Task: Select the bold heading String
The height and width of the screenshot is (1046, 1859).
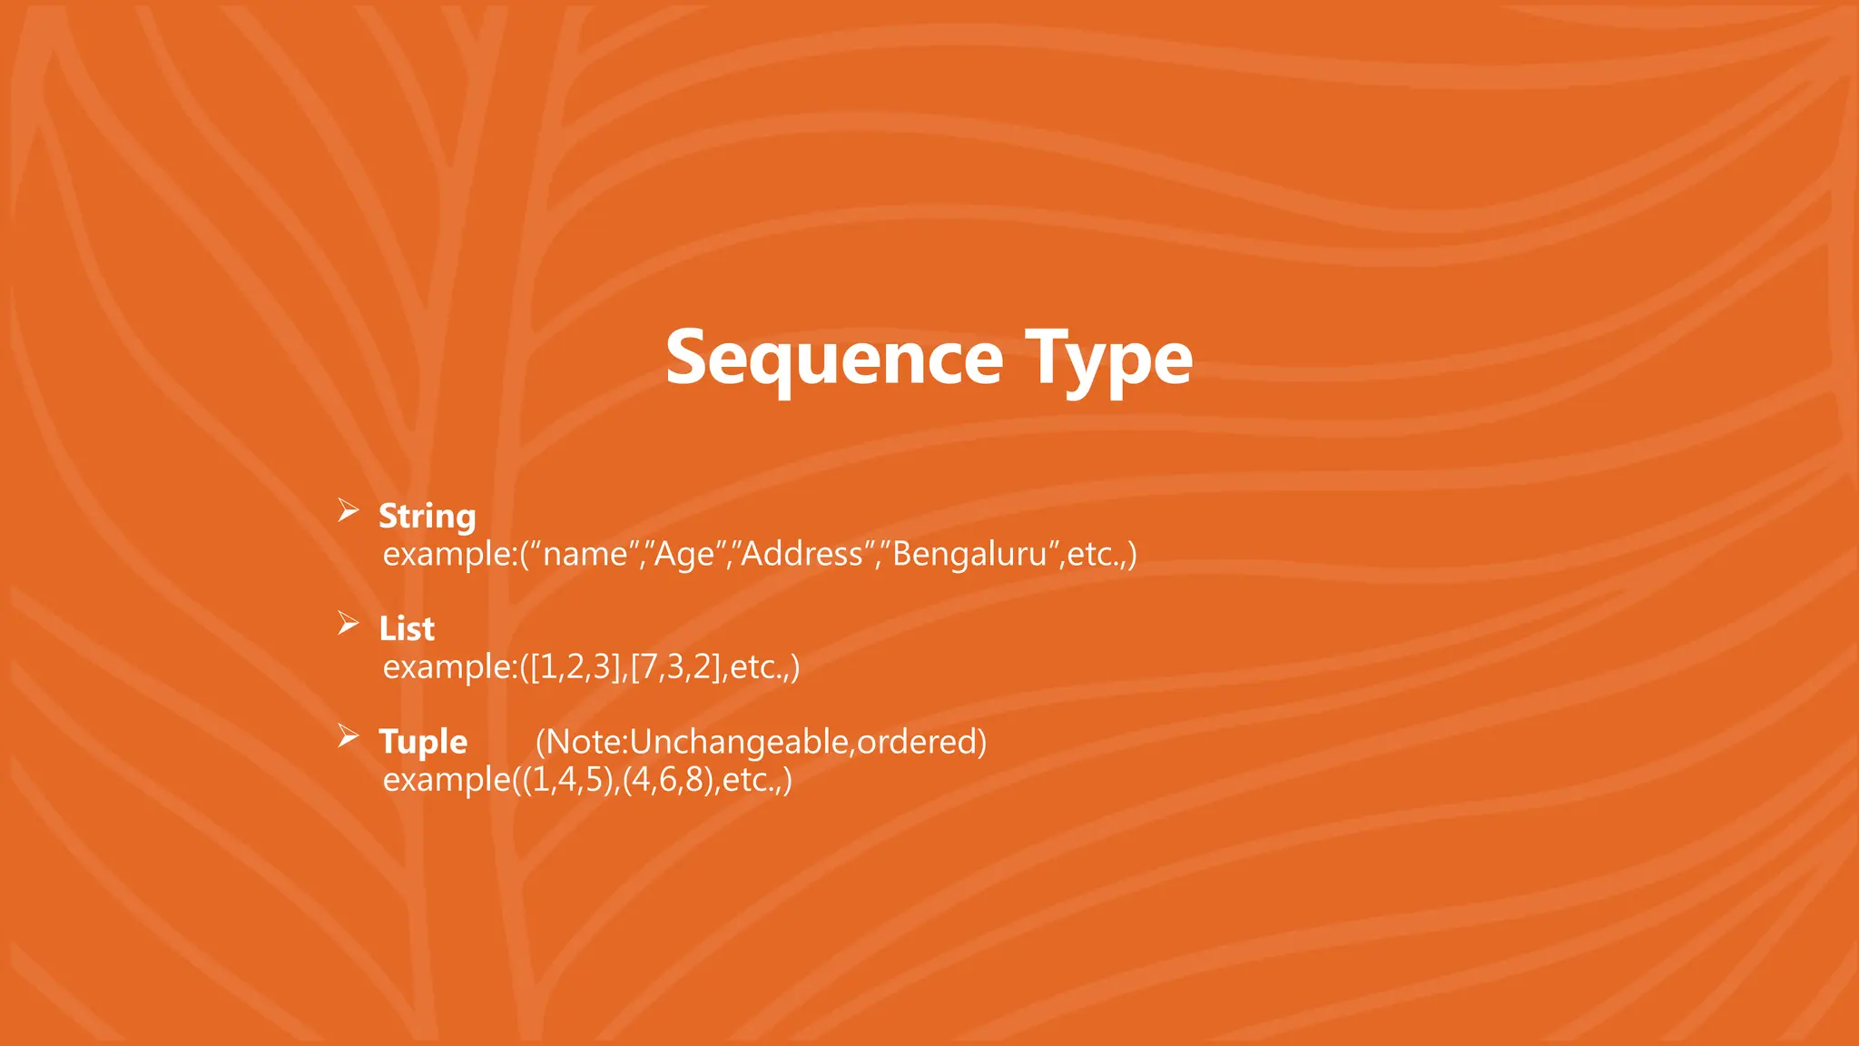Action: pyautogui.click(x=427, y=516)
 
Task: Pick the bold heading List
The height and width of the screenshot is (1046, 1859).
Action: pyautogui.click(x=407, y=628)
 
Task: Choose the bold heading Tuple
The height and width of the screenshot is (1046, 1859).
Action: pyautogui.click(x=423, y=742)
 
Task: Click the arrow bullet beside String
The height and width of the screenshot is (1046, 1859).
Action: pyautogui.click(x=349, y=511)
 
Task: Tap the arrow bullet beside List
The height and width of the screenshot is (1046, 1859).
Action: pyautogui.click(x=349, y=624)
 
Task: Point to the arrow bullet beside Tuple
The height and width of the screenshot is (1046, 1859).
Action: pyautogui.click(x=349, y=736)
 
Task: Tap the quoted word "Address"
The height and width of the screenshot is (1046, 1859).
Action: pyautogui.click(x=803, y=554)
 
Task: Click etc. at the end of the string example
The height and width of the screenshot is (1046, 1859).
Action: pyautogui.click(x=1097, y=554)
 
